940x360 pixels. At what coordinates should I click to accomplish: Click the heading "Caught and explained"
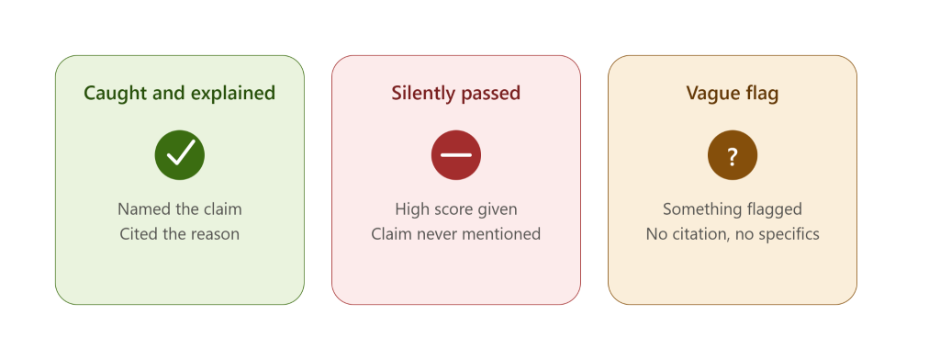click(179, 94)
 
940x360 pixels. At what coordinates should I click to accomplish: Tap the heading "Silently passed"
click(455, 94)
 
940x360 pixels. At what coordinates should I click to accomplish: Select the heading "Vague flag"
click(732, 94)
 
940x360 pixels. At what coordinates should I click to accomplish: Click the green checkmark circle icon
click(180, 155)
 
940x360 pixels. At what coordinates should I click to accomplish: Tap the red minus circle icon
click(456, 155)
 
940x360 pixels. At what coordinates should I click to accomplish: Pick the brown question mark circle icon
click(733, 155)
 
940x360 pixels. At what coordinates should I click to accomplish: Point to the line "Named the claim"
click(180, 208)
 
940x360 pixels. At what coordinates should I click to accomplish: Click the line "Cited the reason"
click(180, 233)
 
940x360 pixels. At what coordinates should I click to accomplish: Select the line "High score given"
click(456, 209)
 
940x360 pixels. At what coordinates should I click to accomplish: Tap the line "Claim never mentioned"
click(456, 233)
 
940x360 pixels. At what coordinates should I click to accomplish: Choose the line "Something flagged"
click(733, 209)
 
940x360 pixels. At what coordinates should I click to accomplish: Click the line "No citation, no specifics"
click(733, 234)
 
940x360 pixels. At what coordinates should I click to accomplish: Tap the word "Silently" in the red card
click(424, 94)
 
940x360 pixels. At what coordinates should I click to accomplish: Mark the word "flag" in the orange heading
click(761, 94)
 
